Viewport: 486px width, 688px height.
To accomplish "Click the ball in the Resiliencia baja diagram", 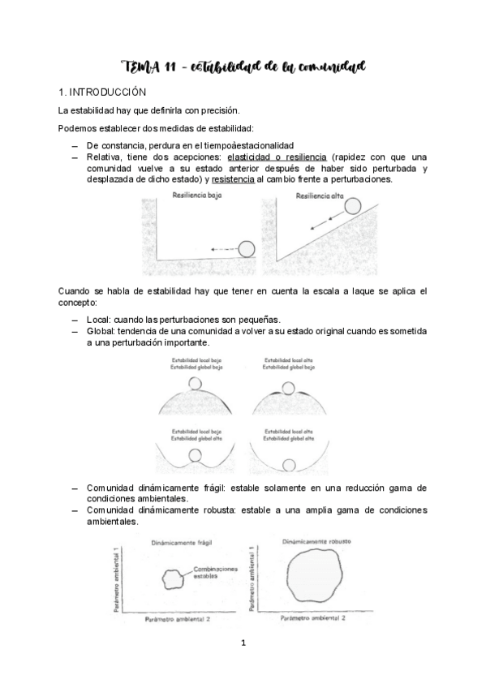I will pos(247,248).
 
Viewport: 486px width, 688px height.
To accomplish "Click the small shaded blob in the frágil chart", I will pos(173,578).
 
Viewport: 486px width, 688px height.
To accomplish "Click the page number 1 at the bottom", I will pos(243,643).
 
